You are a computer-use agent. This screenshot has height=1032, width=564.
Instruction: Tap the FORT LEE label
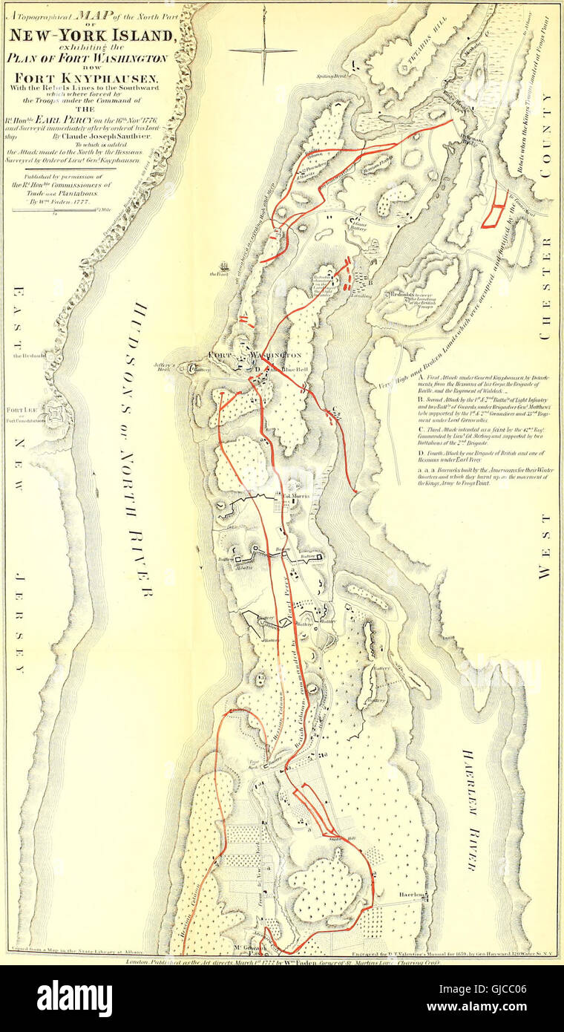click(18, 410)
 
